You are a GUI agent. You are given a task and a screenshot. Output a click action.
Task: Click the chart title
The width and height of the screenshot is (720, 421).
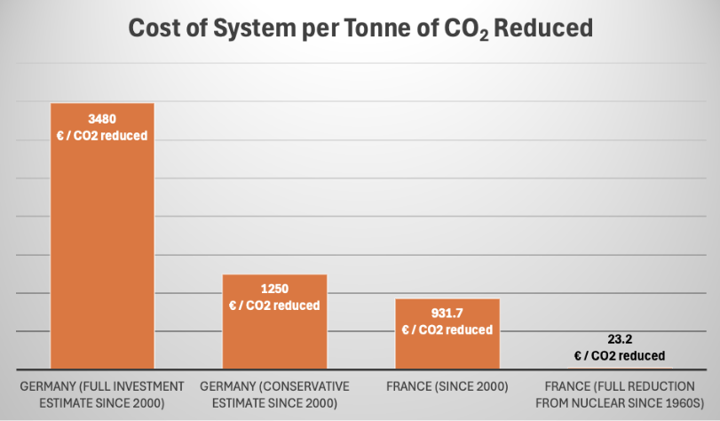point(360,28)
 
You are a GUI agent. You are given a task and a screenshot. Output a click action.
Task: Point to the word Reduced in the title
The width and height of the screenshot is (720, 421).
point(542,28)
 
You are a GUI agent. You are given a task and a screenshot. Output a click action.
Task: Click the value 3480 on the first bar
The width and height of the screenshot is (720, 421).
point(102,118)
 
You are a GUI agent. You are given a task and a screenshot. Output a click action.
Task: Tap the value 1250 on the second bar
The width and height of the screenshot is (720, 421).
point(274,289)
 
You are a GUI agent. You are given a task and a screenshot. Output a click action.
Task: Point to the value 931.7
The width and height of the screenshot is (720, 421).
point(447,313)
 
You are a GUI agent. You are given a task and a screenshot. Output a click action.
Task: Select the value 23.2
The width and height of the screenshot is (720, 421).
point(620,338)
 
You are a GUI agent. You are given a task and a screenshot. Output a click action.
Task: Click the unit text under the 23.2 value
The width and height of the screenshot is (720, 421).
point(620,355)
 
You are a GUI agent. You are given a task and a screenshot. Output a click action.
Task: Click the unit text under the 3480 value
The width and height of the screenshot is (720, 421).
point(102,136)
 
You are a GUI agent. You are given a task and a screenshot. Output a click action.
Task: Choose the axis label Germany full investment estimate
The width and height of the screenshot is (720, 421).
point(102,395)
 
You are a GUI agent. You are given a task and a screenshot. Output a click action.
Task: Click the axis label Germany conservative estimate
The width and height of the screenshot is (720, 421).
point(274,395)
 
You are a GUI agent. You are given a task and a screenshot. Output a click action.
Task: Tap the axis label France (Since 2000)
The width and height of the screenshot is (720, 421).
point(447,387)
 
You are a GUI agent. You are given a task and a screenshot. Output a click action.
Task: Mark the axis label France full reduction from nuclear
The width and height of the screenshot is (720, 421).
point(620,395)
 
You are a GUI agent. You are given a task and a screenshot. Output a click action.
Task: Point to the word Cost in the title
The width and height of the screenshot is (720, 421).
point(157,28)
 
